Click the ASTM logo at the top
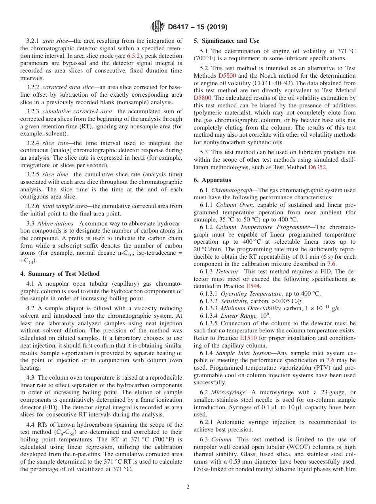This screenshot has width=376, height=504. click(x=157, y=27)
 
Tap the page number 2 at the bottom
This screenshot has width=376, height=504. click(x=188, y=487)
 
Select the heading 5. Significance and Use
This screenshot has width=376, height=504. click(x=226, y=41)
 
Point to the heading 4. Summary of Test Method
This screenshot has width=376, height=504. click(x=60, y=273)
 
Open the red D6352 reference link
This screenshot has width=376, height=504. click(x=317, y=167)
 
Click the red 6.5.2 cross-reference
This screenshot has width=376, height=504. click(x=134, y=56)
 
